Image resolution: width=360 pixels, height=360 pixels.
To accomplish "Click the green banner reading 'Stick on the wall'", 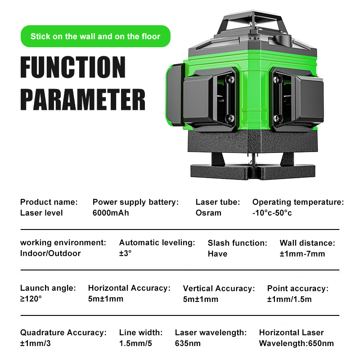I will (x=95, y=36).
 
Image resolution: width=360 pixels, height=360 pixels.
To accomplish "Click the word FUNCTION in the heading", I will (x=72, y=67).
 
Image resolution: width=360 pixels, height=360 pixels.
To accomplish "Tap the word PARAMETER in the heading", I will (x=83, y=99).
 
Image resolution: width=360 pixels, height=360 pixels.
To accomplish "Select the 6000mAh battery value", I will (x=110, y=213).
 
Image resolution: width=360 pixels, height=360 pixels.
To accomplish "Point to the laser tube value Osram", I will (x=208, y=213).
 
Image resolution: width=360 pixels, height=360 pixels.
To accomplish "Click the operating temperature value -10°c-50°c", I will (x=272, y=213).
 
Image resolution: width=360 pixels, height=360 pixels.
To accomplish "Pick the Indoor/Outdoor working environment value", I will (x=50, y=253).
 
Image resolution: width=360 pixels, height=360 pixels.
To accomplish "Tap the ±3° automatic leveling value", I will (x=126, y=253).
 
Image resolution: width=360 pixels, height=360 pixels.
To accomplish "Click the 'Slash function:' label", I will (x=237, y=243).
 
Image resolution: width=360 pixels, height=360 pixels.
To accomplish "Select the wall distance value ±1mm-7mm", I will (x=302, y=254).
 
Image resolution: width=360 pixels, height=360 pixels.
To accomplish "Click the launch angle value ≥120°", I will (x=31, y=299).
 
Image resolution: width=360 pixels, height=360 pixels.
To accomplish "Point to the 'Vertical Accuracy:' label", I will (x=219, y=288).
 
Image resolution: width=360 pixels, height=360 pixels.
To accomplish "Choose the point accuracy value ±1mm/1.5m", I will (x=289, y=299).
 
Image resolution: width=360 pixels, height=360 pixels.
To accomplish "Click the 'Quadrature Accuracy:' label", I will (x=63, y=333).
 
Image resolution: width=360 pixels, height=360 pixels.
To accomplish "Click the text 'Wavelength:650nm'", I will (x=297, y=344).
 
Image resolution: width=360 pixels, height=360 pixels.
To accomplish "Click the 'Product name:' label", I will (x=49, y=202).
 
